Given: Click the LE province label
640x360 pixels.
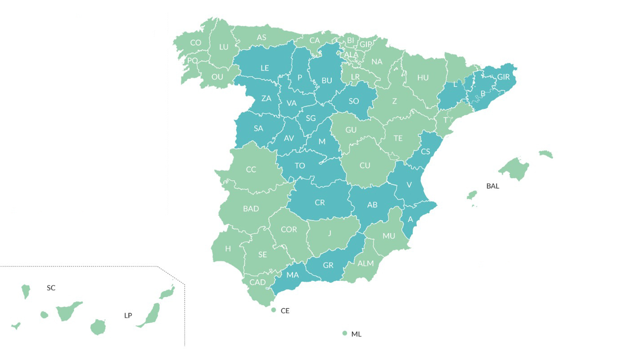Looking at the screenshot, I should click(265, 68).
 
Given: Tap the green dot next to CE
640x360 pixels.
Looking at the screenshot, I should click(274, 310).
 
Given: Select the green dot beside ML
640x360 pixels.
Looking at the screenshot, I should click(345, 333).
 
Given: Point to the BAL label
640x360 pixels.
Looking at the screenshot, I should click(492, 186).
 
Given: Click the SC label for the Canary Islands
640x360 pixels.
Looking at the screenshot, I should click(51, 288).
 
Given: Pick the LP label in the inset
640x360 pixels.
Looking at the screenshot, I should click(128, 315).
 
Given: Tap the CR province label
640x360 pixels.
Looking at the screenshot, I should click(320, 202).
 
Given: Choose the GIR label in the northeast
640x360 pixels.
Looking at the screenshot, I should click(503, 77).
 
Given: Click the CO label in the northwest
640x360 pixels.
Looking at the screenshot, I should click(196, 43).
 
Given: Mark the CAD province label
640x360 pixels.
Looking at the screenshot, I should click(257, 282).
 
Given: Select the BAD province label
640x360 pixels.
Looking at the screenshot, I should click(251, 209).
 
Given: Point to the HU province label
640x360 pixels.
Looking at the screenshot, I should click(423, 78).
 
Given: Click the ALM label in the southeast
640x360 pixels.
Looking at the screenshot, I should click(365, 263).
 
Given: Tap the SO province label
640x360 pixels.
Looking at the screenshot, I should click(353, 101).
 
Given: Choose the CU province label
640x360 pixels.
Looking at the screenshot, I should click(365, 165).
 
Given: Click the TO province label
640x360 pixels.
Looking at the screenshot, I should click(300, 165).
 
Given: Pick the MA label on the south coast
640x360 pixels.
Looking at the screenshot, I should click(292, 275).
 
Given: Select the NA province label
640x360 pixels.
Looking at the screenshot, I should click(377, 62).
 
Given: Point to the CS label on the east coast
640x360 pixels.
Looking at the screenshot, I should click(425, 152).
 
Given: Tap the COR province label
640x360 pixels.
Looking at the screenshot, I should click(289, 229).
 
